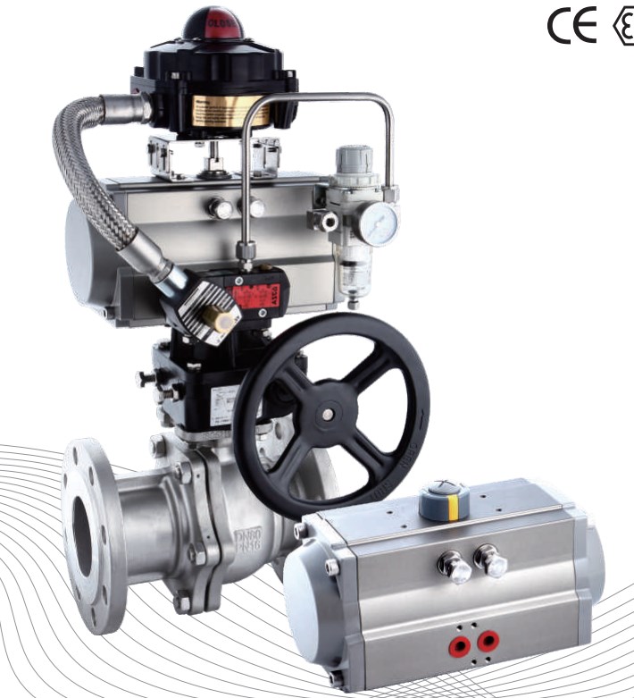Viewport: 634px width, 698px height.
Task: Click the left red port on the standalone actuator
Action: click(461, 641)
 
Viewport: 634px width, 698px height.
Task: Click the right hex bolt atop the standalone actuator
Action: click(490, 561)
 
